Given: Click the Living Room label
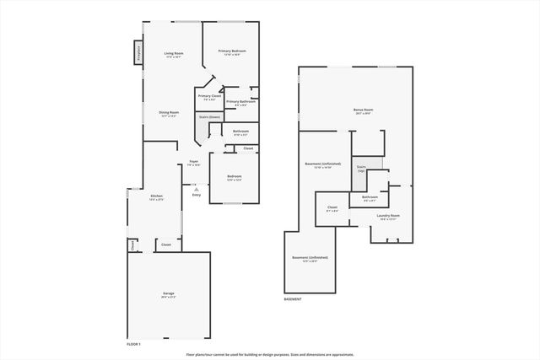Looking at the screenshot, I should pos(174,55).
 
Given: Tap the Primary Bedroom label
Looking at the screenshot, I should pos(232,52).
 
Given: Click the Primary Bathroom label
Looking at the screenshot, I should pos(240,103).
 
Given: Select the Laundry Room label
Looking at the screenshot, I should pos(389,217).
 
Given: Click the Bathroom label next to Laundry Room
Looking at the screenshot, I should pos(370,199).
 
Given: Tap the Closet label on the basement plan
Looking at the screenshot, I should pos(332,208).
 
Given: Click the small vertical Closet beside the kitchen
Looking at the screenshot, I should pos(132,244).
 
